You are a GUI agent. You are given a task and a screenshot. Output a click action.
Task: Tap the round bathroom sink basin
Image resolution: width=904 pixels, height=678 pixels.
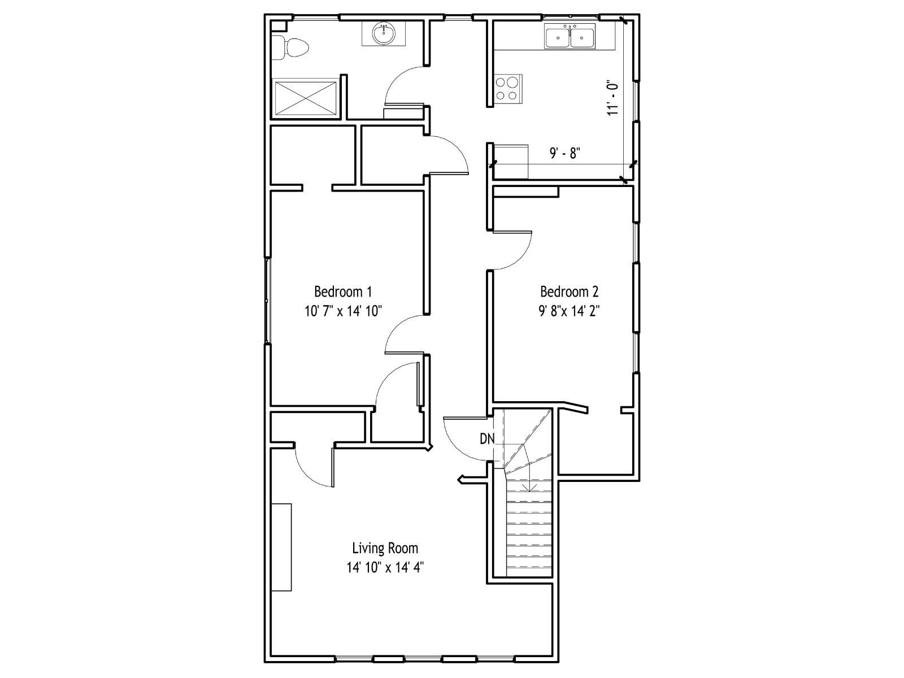(x=384, y=34)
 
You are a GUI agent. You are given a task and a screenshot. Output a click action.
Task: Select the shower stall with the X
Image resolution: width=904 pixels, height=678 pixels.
(x=305, y=98)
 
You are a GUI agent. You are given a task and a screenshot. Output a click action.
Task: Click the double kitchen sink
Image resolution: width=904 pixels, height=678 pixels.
(x=570, y=36)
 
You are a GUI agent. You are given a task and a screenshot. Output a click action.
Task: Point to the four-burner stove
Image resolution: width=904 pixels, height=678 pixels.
(x=508, y=89)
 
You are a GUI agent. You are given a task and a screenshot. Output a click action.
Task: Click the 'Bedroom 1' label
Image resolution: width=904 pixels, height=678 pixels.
(x=343, y=292)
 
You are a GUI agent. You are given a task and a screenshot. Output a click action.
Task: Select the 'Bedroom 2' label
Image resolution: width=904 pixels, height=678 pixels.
(x=569, y=292)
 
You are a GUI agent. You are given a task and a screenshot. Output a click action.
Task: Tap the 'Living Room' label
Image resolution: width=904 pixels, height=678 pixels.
(x=385, y=548)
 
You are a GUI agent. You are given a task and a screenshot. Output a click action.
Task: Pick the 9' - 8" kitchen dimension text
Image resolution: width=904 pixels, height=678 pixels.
(x=564, y=153)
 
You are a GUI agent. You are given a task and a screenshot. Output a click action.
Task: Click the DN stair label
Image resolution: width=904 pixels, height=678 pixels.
(x=487, y=439)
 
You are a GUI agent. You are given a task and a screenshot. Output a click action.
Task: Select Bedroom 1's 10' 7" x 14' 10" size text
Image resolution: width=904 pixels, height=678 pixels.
(x=343, y=311)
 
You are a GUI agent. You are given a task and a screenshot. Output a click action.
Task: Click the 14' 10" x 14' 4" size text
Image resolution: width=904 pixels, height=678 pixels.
(x=385, y=567)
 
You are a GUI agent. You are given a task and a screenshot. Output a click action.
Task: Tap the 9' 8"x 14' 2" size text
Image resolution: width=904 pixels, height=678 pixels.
(x=569, y=311)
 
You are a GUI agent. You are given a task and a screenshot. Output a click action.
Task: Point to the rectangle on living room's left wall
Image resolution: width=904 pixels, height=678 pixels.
(x=281, y=547)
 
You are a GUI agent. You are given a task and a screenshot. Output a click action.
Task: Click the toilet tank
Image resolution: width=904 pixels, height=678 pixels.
(x=277, y=48)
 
